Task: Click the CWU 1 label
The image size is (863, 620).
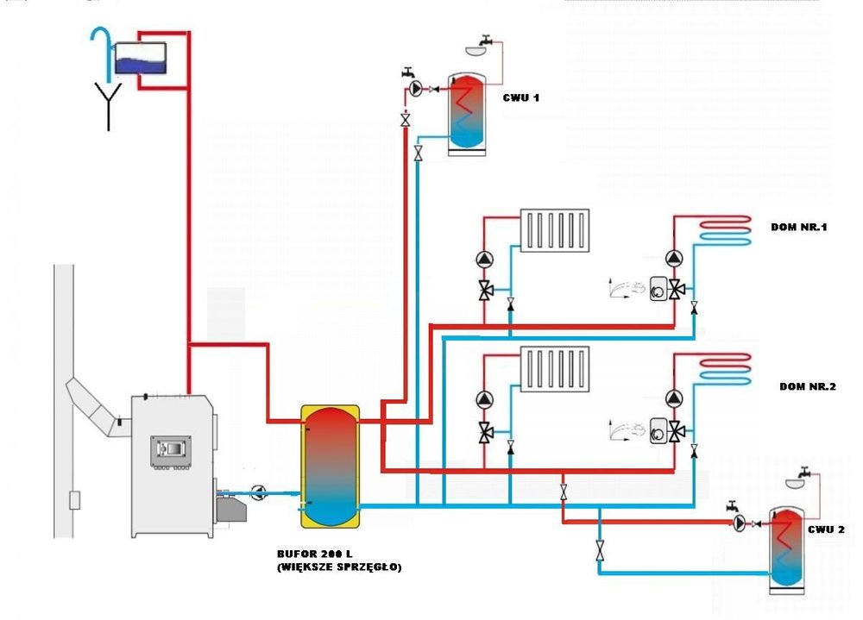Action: tap(521, 97)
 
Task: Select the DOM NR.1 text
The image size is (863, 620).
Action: tap(798, 228)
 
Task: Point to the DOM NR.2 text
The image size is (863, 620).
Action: tap(808, 386)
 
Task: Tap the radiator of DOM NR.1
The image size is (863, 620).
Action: tap(555, 229)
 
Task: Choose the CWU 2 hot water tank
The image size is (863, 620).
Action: tap(786, 547)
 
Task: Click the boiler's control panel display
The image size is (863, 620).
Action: tap(170, 449)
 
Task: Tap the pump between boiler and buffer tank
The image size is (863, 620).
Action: tap(259, 492)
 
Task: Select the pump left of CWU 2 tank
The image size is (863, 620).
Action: tap(740, 523)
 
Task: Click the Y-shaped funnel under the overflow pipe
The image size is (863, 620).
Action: tap(109, 109)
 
